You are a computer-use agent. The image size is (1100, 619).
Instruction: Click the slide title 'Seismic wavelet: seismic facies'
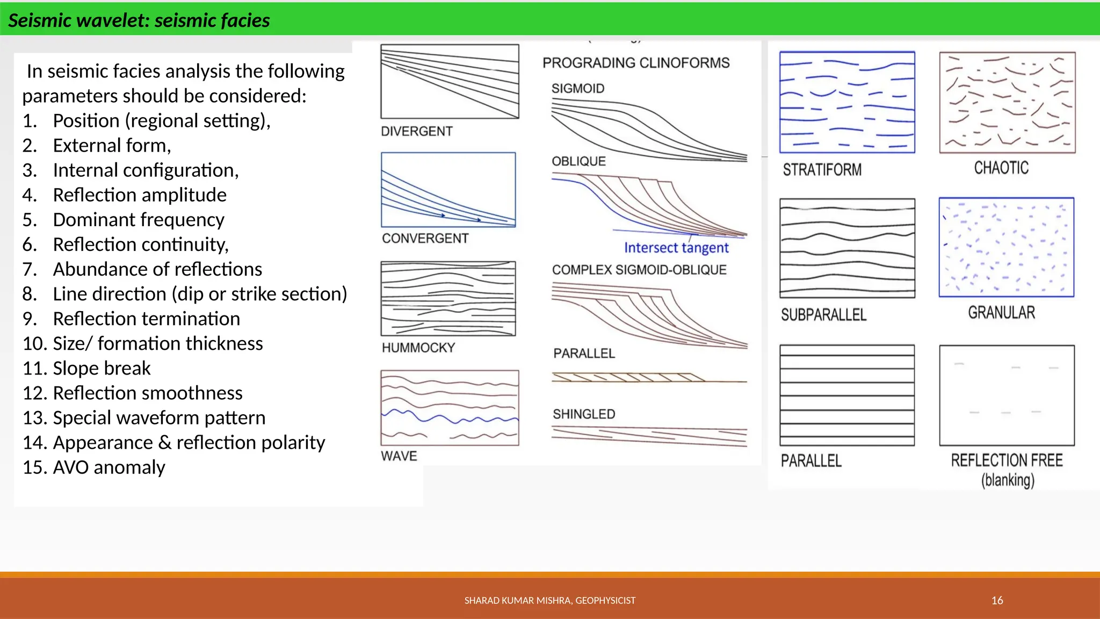[139, 20]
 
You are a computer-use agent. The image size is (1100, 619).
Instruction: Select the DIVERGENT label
[416, 131]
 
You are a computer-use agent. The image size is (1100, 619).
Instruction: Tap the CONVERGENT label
[425, 238]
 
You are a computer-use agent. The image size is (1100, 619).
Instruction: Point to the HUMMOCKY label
[418, 348]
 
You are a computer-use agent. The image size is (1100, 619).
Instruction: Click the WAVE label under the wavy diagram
[399, 456]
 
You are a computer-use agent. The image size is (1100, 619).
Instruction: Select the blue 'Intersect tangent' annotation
[676, 248]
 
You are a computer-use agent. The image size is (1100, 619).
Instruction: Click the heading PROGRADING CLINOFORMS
[635, 63]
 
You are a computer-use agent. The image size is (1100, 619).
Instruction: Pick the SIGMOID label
[577, 88]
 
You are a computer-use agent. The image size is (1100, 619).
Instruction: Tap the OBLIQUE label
[578, 161]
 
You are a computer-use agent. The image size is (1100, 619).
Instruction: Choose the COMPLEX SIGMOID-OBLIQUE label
[639, 270]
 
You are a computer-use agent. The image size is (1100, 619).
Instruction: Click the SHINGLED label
[584, 414]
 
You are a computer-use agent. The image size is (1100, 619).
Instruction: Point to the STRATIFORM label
[822, 170]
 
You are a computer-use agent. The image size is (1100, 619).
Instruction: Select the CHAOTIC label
[1001, 168]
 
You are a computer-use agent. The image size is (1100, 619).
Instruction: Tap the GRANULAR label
[1001, 313]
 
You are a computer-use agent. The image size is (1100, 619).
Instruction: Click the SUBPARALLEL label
[823, 315]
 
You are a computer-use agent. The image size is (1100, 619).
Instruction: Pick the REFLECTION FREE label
[1007, 460]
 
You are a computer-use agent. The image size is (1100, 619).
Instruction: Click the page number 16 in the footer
[997, 600]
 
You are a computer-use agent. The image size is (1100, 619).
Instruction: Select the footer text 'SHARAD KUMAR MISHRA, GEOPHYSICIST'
[549, 600]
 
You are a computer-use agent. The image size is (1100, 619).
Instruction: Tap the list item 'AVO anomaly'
[108, 467]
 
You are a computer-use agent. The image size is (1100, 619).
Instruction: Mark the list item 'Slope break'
[102, 369]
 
